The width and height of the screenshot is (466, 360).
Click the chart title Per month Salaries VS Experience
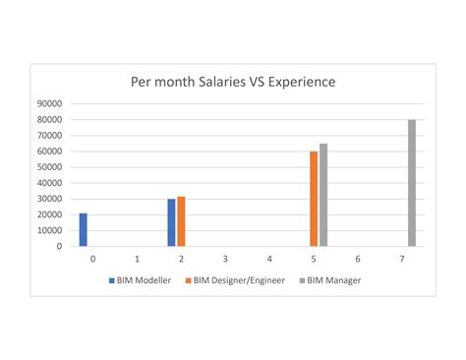click(233, 82)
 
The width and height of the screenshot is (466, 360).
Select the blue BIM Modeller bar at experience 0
click(84, 229)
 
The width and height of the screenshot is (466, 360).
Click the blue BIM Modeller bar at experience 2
click(171, 222)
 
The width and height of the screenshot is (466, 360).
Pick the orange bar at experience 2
click(181, 221)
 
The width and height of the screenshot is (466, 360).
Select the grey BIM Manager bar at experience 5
click(323, 195)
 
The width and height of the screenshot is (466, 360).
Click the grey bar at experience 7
click(412, 183)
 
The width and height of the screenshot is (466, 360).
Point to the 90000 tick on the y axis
click(49, 103)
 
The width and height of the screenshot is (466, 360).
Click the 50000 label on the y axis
click(49, 167)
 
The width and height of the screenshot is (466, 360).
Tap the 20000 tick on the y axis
click(49, 214)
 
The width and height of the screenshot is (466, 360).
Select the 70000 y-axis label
click(49, 136)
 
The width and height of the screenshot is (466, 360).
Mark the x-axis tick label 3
click(225, 259)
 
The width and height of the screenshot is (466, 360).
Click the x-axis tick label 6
click(358, 259)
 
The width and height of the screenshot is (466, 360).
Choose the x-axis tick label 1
click(137, 259)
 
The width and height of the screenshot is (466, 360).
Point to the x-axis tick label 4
click(269, 259)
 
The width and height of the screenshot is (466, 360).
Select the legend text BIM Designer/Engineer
click(238, 280)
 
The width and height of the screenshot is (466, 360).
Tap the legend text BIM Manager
click(334, 280)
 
